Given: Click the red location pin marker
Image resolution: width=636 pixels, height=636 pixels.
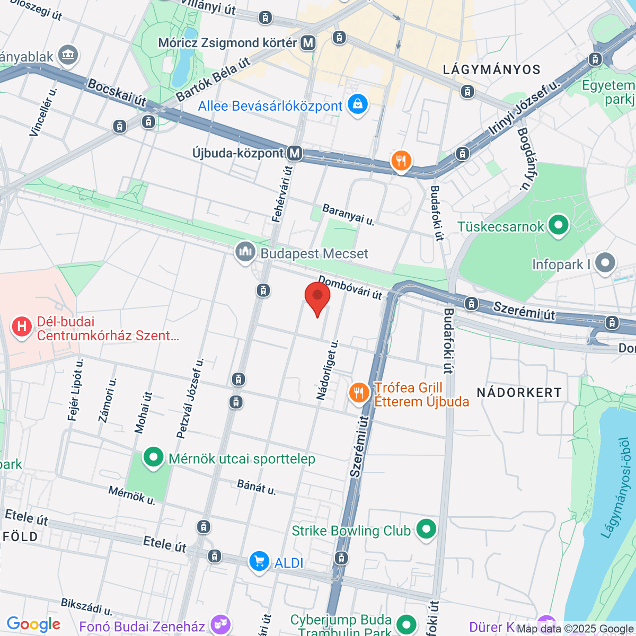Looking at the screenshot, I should [x=317, y=297].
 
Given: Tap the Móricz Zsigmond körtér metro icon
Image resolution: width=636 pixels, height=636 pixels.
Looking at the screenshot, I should [x=308, y=43].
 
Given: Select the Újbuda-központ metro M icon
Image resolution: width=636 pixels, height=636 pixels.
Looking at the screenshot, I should [x=295, y=154].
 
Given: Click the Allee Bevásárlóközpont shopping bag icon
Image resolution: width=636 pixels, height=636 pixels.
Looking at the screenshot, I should [x=358, y=104].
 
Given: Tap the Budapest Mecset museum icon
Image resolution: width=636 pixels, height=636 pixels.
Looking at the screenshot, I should [x=245, y=252].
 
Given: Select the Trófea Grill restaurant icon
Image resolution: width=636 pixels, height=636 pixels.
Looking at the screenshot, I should [x=359, y=393].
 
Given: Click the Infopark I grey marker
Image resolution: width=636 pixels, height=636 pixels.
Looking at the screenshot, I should [x=605, y=263].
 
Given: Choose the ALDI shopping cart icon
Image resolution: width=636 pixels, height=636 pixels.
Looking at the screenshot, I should [x=259, y=561].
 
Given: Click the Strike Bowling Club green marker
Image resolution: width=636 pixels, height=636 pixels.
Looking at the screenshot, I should [x=426, y=529].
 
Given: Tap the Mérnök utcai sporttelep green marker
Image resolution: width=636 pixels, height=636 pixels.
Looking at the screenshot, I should [x=153, y=457].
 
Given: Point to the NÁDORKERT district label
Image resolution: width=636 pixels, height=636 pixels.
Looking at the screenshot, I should [x=519, y=393].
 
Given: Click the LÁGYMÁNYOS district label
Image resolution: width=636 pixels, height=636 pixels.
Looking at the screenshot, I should [x=491, y=69].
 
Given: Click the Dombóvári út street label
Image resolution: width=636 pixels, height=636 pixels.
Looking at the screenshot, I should [x=350, y=287].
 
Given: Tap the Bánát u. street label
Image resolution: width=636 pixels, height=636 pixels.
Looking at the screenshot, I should [x=257, y=487].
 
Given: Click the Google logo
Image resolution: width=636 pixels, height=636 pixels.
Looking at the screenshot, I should [x=33, y=624].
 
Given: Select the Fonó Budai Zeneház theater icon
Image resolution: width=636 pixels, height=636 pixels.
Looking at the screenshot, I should [x=219, y=626].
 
